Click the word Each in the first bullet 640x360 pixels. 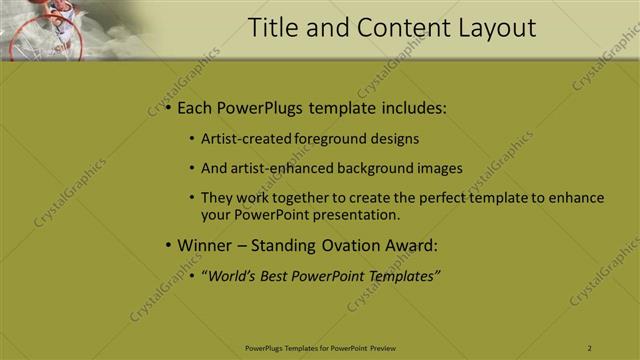pos(197,107)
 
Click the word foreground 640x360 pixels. pos(332,139)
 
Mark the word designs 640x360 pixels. pos(394,139)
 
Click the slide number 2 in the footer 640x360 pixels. pos(589,347)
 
